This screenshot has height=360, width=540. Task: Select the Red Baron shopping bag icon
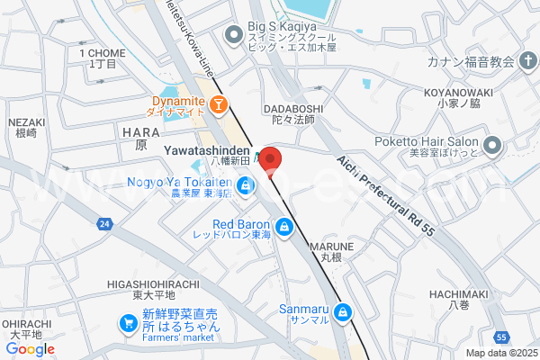click(284, 226)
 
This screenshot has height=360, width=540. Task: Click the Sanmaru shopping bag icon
click(342, 313)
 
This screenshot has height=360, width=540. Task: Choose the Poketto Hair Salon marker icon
click(491, 144)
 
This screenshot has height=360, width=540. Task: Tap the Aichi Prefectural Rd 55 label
click(386, 194)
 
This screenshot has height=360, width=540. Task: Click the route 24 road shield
click(105, 223)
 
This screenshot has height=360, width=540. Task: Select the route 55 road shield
click(500, 337)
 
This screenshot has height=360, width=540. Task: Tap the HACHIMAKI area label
click(458, 294)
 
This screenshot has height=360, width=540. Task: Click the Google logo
click(31, 349)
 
